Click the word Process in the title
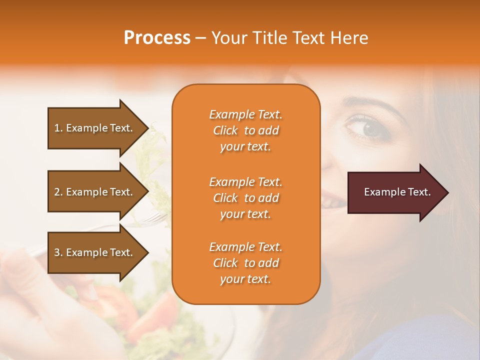point(157,38)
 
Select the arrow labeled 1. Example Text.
point(95,128)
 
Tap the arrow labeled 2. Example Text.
point(95,192)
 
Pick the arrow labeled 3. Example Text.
point(95,252)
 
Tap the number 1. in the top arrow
point(58,128)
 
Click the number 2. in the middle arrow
point(58,192)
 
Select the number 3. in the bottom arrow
point(58,252)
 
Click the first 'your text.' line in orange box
point(245,147)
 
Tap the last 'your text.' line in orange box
point(245,279)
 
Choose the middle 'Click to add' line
point(245,198)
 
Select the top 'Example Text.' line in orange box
point(245,114)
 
